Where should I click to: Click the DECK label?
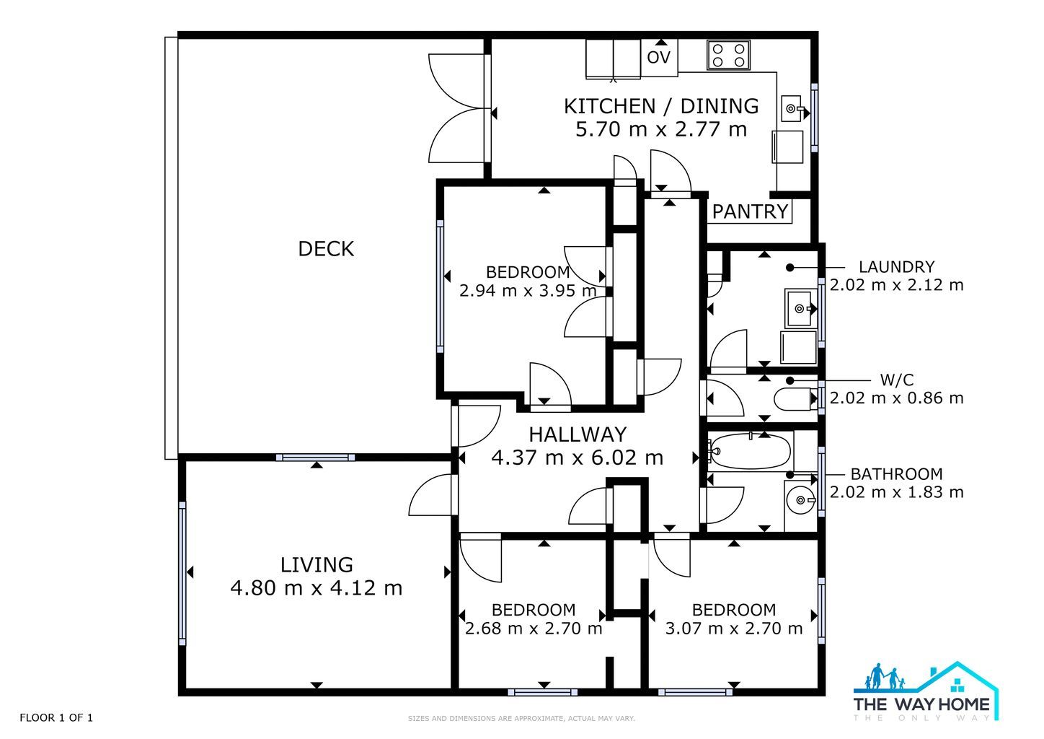[326, 249]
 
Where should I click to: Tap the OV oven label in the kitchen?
[658, 58]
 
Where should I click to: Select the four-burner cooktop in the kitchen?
[728, 55]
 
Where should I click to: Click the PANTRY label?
[750, 211]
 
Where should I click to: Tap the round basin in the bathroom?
[801, 500]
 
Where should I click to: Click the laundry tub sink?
[800, 308]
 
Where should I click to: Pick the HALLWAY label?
[578, 434]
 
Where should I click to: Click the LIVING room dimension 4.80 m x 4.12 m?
[317, 587]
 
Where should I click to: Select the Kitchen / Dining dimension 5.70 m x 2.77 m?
[661, 129]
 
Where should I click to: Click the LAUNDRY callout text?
[896, 267]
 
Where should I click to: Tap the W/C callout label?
[897, 380]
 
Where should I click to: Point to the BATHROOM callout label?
[896, 474]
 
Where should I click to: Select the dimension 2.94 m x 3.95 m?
[528, 291]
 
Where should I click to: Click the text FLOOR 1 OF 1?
[56, 717]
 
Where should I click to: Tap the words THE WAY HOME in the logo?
[921, 704]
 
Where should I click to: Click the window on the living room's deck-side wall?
[316, 458]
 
